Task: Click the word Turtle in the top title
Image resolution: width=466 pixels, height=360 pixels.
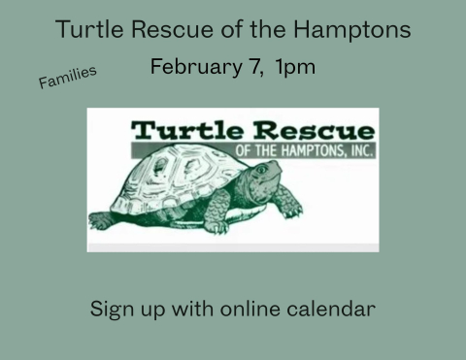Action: [x=85, y=29]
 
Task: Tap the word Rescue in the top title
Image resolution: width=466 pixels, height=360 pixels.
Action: [x=163, y=29]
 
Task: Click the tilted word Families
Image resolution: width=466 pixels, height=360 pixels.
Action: [x=67, y=78]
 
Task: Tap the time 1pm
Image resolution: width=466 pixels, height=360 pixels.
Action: [x=294, y=70]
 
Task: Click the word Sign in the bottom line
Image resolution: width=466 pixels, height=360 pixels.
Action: [x=110, y=311]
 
